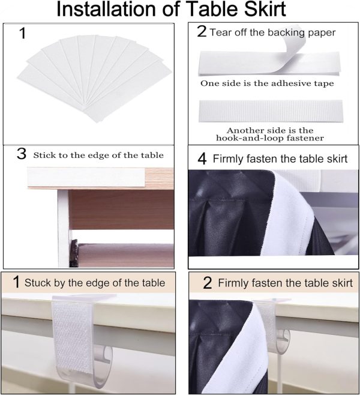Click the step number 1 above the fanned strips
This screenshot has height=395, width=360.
click(23, 34)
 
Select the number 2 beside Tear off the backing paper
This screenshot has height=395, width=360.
click(202, 31)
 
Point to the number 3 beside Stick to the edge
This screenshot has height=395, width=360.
click(22, 154)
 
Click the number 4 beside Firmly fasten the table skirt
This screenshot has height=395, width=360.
click(202, 159)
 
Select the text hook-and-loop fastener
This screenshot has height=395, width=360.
click(270, 138)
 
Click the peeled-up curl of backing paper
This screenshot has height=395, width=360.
click(290, 43)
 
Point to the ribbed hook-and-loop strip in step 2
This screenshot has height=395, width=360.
click(271, 111)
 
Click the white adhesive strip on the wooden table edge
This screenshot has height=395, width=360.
click(86, 177)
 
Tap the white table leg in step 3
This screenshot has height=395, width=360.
click(63, 228)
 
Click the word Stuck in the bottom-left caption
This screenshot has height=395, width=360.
click(38, 283)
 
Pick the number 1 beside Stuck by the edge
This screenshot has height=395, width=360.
click(16, 282)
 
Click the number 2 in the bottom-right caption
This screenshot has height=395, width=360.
click(207, 283)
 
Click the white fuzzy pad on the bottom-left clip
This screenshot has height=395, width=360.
click(73, 336)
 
